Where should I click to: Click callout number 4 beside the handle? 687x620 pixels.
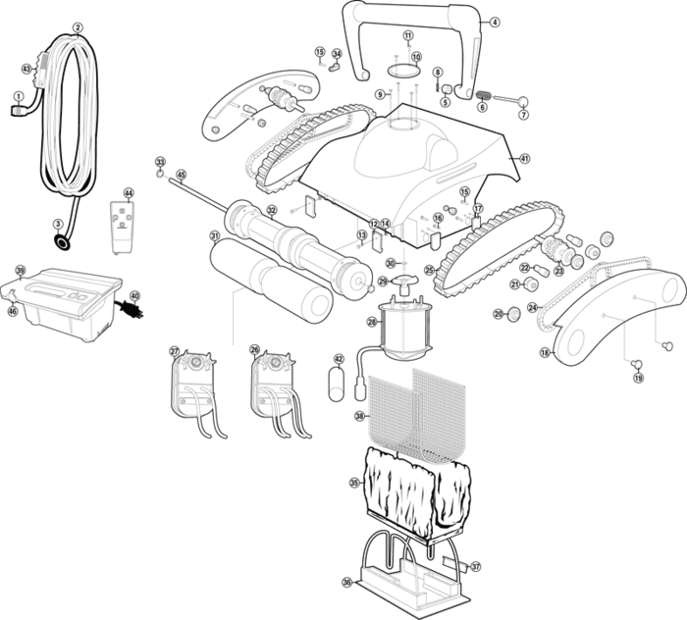pos(494,22)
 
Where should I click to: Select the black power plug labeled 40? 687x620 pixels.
pos(128,306)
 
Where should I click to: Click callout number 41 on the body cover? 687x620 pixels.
pos(525,159)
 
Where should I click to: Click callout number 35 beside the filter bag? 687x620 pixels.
pos(354,483)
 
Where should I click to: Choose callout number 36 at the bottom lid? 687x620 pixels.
pos(346,582)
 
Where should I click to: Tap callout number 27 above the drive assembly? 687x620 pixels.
pos(175,350)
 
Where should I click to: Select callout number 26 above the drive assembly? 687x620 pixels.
pos(254,350)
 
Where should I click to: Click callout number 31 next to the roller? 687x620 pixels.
pos(214,235)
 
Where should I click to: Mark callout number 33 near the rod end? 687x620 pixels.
pos(160,161)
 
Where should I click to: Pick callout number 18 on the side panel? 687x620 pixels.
pos(545,352)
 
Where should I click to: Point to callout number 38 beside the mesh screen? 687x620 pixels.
pos(359,416)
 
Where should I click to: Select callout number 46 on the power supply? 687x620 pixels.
pos(13,311)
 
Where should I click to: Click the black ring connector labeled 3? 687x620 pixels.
pos(62,242)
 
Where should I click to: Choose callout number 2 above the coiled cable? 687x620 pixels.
pos(78,27)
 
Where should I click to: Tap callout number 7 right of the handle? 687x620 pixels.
pos(523,114)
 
